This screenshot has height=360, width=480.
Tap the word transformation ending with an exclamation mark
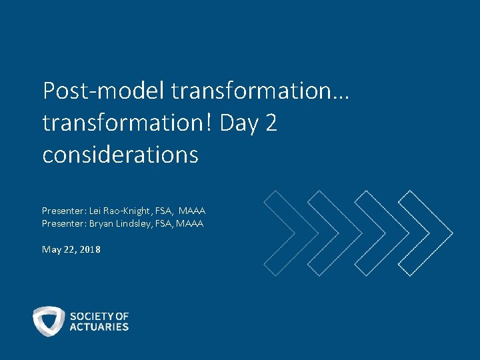pos(127,123)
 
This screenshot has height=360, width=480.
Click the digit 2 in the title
pos(270,123)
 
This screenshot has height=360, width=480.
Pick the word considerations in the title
pos(120,155)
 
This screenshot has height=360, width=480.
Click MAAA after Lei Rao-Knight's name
pos(191,211)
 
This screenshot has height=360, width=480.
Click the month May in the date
pos(51,249)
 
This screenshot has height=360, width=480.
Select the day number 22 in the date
pos(70,249)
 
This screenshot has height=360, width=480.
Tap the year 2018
pos(91,249)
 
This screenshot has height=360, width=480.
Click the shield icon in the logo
pos(49,321)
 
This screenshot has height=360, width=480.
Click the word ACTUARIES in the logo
pos(99,327)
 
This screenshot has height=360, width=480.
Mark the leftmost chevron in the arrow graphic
pos(281,233)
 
